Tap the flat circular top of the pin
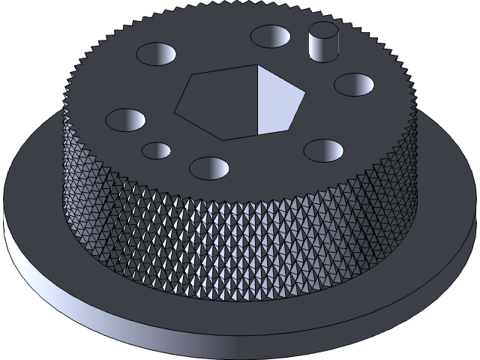click(324, 31)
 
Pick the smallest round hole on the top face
click(157, 150)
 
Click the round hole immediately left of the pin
click(270, 35)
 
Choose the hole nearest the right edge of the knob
click(354, 84)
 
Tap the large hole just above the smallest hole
click(125, 119)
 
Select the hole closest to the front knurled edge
click(208, 167)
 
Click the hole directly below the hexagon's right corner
click(323, 151)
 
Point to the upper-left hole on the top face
click(156, 53)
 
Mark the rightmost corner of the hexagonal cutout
click(306, 94)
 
